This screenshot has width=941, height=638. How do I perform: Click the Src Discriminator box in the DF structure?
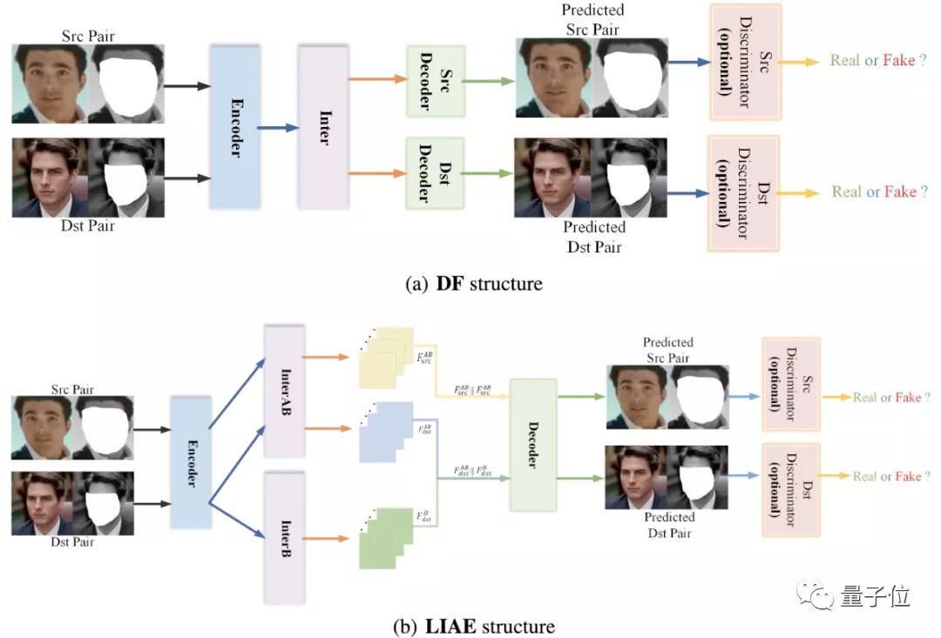click(x=745, y=61)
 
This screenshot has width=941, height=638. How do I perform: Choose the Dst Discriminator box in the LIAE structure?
click(x=790, y=476)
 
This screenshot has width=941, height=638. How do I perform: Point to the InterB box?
click(x=283, y=538)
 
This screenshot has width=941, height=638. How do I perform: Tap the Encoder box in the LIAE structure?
click(x=192, y=461)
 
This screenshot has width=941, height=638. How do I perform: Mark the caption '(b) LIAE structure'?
click(x=474, y=626)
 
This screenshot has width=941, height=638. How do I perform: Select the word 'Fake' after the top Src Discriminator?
click(x=898, y=60)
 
